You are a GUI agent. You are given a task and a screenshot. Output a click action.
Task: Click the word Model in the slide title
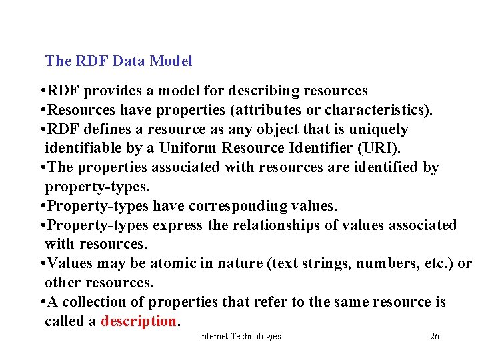pyautogui.click(x=171, y=61)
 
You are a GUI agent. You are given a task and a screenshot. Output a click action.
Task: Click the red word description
pyautogui.click(x=139, y=321)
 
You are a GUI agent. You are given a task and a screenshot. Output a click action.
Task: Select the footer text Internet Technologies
pyautogui.click(x=240, y=337)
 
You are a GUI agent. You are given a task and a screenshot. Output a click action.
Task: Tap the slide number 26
pyautogui.click(x=435, y=337)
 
